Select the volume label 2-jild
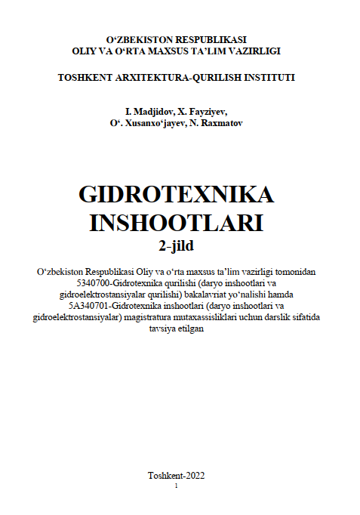176,245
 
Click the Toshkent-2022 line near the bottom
177,475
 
